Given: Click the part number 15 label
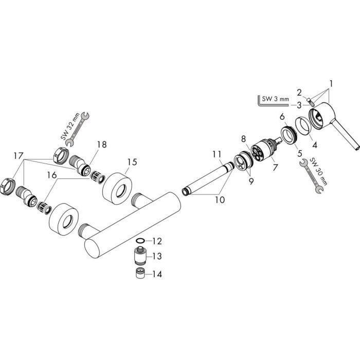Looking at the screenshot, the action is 133,162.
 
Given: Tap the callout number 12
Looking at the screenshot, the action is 157,241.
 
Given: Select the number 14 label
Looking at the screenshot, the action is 157,274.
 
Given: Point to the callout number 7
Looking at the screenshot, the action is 275,167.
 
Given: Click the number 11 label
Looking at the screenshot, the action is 217,154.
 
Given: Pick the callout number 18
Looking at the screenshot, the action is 102,145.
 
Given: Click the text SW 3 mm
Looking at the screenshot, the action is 275,99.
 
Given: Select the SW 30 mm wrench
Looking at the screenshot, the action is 312,176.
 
